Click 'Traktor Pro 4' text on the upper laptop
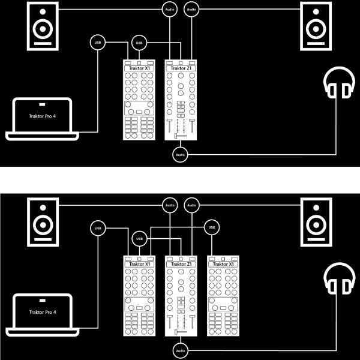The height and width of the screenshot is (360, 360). coord(42,116)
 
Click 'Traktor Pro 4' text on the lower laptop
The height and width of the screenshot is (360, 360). coord(42,312)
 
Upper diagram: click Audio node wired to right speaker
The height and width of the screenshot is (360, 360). coord(191,9)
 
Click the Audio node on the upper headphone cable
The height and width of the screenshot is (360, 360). coord(179,154)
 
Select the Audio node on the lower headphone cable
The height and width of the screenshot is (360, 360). coord(179,350)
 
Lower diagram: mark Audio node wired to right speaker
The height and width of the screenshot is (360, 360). coord(191,205)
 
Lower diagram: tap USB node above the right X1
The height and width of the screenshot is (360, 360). coord(211,227)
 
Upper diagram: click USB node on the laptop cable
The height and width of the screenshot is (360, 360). coord(97,42)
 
